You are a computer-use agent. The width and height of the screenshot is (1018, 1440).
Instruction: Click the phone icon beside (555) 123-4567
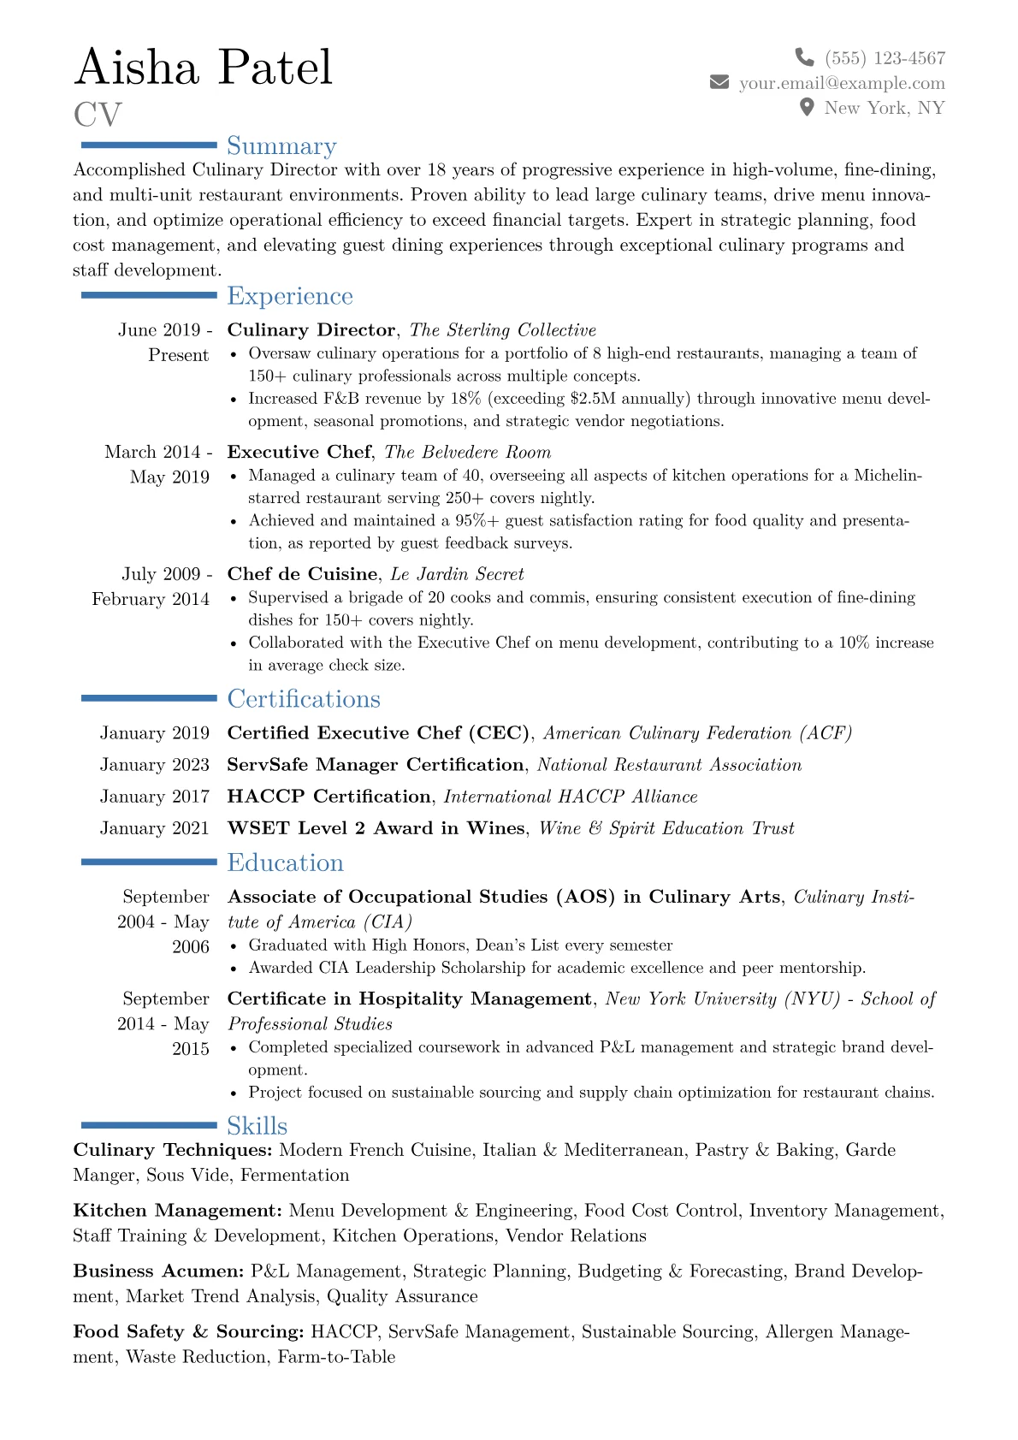coord(804,57)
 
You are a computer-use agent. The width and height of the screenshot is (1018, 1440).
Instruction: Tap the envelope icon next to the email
coord(719,82)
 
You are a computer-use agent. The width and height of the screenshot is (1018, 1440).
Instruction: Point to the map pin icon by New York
coord(806,107)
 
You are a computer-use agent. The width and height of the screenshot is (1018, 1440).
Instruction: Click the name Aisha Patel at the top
coord(204,68)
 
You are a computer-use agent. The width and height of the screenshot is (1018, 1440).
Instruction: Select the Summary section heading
coord(281,146)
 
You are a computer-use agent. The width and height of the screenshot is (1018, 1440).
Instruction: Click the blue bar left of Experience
coord(149,295)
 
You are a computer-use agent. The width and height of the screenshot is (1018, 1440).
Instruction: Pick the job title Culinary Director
coord(311,330)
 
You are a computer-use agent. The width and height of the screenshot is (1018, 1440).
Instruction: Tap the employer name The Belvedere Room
coord(468,453)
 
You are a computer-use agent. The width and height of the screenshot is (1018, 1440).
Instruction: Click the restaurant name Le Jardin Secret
coord(457,574)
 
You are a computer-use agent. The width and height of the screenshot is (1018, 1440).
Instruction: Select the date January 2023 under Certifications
coord(155,765)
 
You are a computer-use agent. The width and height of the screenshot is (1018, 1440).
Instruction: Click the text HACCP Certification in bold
coord(328,797)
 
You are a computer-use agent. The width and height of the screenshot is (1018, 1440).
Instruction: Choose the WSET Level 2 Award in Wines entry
coord(376,828)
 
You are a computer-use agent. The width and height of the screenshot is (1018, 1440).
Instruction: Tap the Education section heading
coord(285,862)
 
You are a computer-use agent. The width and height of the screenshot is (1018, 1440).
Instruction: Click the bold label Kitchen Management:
coord(177,1211)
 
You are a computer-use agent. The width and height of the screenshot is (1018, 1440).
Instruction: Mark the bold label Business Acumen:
coord(158,1271)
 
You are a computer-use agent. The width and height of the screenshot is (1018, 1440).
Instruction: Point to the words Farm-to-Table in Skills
coord(336,1357)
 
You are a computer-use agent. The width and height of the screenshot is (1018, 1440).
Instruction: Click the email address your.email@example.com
coord(842,83)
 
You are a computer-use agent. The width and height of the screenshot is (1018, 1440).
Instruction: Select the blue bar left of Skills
coord(149,1125)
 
